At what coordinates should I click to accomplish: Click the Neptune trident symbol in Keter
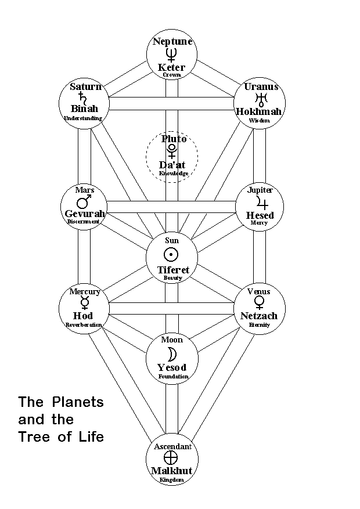tap(171, 55)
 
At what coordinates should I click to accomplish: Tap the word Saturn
tap(85, 86)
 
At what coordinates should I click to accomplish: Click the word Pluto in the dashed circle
tap(174, 139)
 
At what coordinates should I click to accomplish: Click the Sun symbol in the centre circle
tap(171, 254)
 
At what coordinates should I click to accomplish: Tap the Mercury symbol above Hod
tap(85, 302)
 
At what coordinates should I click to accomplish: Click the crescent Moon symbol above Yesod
tap(172, 354)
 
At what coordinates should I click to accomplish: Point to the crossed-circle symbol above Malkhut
tap(171, 457)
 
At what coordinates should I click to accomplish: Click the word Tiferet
tap(172, 269)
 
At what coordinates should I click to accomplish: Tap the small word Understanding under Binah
tap(83, 118)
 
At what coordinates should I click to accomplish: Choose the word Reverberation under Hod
tap(84, 325)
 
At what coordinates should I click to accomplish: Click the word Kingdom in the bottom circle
tap(172, 480)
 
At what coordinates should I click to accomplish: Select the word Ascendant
tap(172, 446)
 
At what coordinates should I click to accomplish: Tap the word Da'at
tap(172, 164)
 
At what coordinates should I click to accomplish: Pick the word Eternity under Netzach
tap(260, 324)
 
